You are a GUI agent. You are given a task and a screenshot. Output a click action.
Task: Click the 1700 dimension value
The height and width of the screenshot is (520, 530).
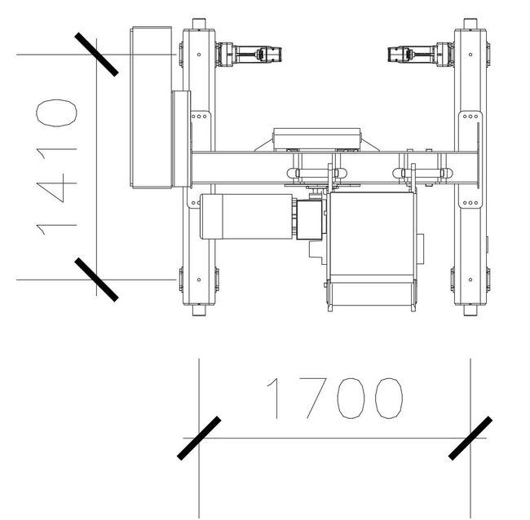coord(334,398)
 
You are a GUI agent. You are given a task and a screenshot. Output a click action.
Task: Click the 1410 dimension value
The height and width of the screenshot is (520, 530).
coord(56,167)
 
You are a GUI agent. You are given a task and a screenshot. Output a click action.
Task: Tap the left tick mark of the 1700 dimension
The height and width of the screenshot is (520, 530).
coord(199,438)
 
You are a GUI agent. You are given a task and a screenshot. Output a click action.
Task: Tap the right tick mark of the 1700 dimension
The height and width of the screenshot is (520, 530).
coord(470,438)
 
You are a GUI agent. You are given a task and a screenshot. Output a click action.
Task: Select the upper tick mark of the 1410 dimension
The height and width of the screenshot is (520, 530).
coord(96,54)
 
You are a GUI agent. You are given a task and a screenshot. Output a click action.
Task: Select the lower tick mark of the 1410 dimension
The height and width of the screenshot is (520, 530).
coord(96,280)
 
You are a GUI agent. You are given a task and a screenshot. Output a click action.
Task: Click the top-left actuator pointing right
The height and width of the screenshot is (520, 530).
coord(249,55)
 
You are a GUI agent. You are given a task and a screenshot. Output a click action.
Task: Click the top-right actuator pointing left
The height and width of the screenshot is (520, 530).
coord(421,55)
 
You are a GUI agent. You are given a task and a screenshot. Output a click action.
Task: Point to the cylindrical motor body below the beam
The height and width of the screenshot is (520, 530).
coord(246,217)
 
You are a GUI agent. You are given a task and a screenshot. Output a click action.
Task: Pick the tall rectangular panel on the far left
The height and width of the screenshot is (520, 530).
coord(151,107)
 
